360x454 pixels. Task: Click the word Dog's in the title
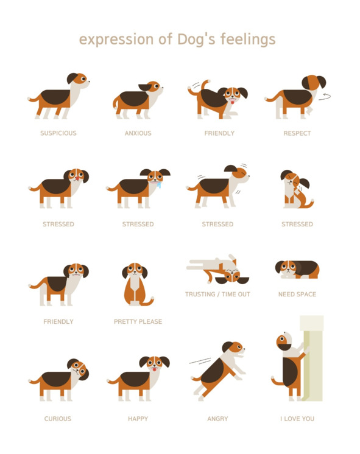196,40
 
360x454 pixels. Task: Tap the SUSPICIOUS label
58,133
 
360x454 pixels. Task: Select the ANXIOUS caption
138,133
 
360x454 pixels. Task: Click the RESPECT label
297,133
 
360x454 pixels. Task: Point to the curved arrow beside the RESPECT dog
325,97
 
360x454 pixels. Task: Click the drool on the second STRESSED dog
158,184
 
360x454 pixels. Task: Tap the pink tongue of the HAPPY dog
155,369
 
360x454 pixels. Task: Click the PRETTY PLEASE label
138,322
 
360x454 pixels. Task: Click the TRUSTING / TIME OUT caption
217,294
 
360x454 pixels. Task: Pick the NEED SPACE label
297,294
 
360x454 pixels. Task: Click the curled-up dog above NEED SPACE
297,270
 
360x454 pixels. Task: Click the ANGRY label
217,419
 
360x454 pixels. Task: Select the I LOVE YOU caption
297,419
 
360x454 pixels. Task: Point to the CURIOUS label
58,419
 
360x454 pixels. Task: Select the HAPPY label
138,419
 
